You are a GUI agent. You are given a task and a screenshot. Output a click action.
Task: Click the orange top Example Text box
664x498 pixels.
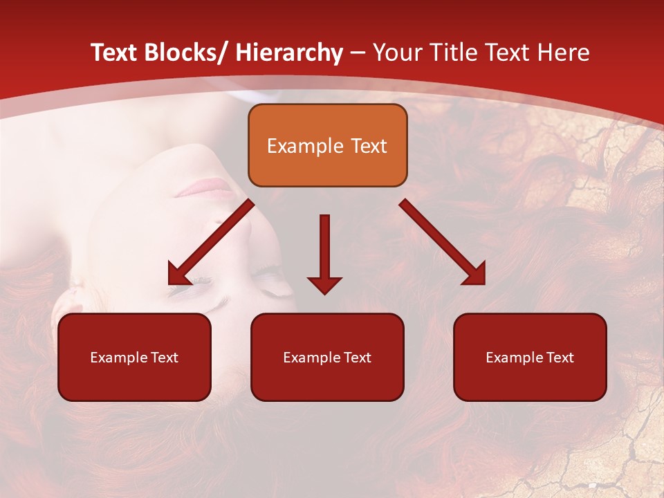pos(327,145)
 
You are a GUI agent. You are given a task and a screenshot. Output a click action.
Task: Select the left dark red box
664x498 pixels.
pos(134,357)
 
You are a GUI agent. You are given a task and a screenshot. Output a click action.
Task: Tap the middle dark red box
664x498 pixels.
pos(327,357)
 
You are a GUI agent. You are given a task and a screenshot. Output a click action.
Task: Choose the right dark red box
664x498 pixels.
pos(530,357)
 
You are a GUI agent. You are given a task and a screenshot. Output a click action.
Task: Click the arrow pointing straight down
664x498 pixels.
pos(324,252)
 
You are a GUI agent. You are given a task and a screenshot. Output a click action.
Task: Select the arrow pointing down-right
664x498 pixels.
pos(443,242)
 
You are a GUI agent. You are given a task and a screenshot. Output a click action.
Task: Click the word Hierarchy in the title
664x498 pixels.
pos(289,53)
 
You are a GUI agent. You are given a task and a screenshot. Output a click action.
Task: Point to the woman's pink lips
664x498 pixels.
pos(205,187)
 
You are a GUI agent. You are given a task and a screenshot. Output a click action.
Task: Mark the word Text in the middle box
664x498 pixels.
pos(356,358)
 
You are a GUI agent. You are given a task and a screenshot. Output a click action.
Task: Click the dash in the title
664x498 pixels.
pos(358,53)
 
